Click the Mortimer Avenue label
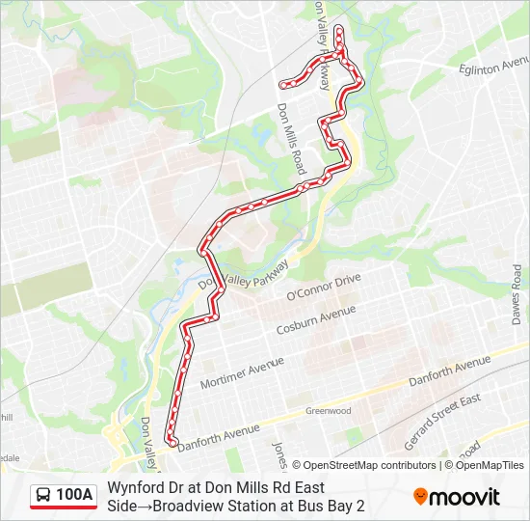pyautogui.click(x=242, y=371)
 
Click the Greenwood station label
pyautogui.click(x=328, y=410)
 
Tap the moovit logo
pyautogui.click(x=457, y=497)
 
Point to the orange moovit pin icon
pyautogui.click(x=421, y=497)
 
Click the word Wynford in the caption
pyautogui.click(x=136, y=488)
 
